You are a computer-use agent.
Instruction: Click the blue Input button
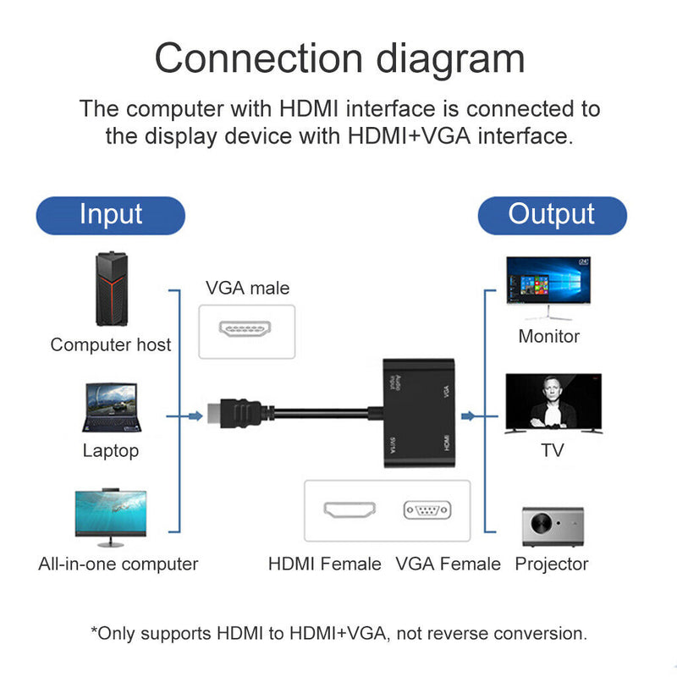pyautogui.click(x=110, y=215)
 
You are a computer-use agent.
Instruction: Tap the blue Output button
pyautogui.click(x=552, y=215)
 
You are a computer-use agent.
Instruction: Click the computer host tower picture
pyautogui.click(x=110, y=290)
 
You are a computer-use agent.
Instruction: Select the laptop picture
pyautogui.click(x=110, y=408)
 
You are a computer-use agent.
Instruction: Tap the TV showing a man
pyautogui.click(x=553, y=405)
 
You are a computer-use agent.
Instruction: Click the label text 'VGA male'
pyautogui.click(x=247, y=289)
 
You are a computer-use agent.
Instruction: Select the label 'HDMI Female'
pyautogui.click(x=325, y=564)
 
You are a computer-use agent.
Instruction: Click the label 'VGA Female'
pyautogui.click(x=448, y=564)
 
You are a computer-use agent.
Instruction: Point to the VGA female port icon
pyautogui.click(x=427, y=510)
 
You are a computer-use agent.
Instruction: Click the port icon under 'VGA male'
pyautogui.click(x=246, y=329)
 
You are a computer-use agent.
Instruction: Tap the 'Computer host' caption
pyautogui.click(x=110, y=344)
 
